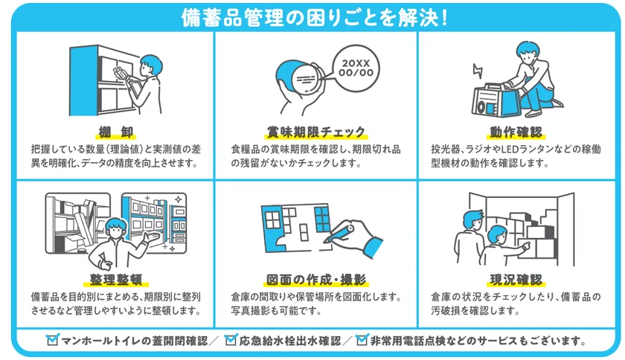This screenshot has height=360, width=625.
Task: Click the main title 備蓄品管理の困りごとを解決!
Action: [x=313, y=17]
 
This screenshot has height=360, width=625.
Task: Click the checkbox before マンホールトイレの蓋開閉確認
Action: [x=52, y=341]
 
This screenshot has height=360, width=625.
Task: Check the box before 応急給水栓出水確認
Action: [x=231, y=341]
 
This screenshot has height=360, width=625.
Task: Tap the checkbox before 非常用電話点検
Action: [x=362, y=341]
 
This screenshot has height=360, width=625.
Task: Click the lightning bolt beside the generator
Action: [x=477, y=72]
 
